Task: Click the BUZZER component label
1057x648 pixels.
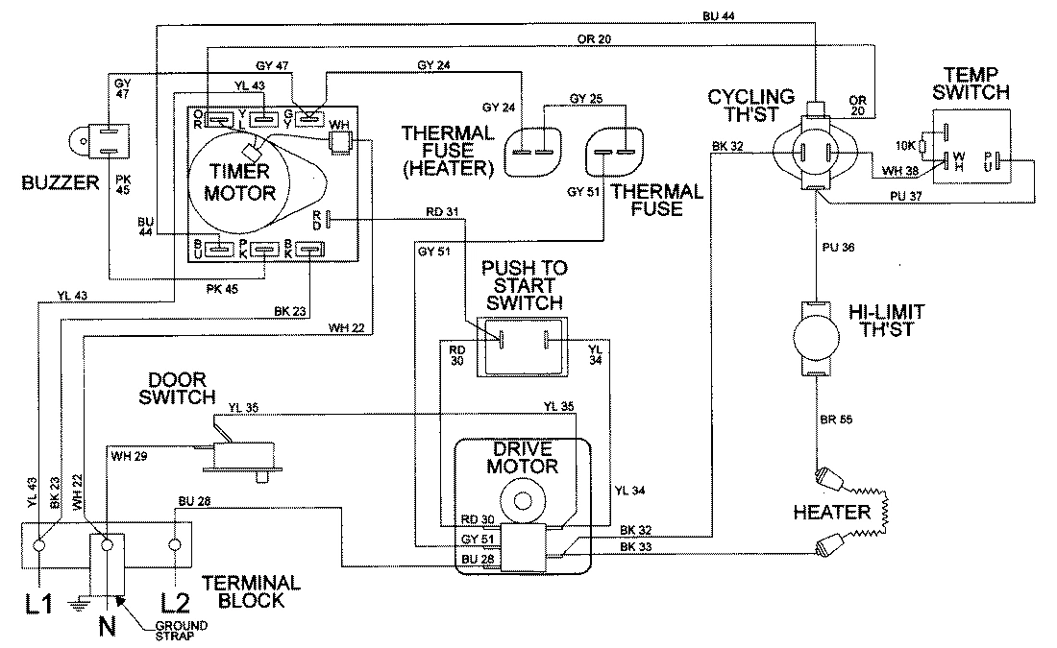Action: tap(49, 180)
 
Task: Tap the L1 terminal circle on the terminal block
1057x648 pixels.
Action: tap(40, 546)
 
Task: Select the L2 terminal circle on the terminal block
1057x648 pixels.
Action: tap(174, 546)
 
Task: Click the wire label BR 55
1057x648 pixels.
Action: tap(835, 420)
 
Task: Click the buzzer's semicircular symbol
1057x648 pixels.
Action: tap(79, 141)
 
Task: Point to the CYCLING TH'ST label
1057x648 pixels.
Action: tap(750, 105)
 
